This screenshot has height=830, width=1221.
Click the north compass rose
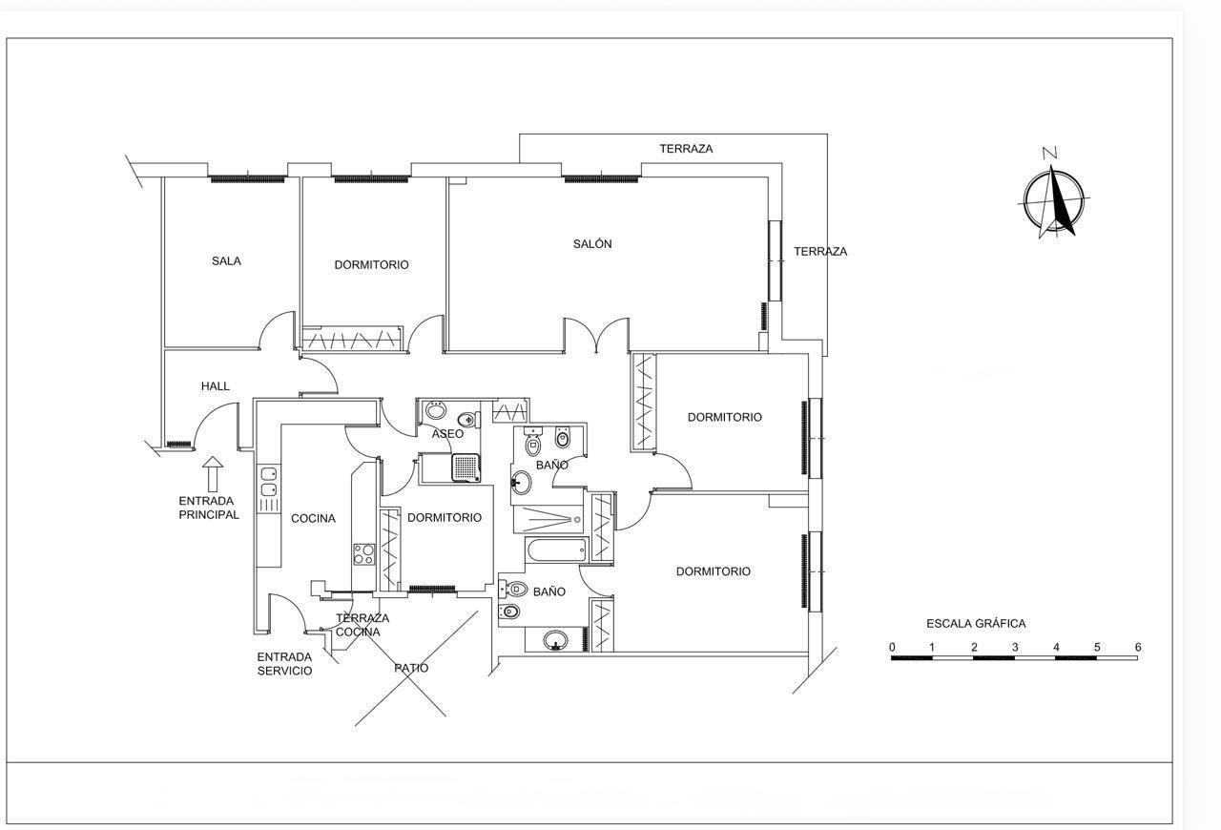click(x=1053, y=199)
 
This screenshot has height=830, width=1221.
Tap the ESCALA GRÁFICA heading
click(x=976, y=624)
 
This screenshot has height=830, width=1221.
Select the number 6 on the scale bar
click(x=1137, y=648)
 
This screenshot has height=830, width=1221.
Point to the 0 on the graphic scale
click(x=893, y=648)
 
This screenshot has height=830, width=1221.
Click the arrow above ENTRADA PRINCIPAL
click(x=213, y=473)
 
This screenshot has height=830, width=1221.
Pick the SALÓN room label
click(x=592, y=244)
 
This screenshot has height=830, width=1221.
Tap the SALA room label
click(x=226, y=260)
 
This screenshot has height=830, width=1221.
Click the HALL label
click(x=216, y=386)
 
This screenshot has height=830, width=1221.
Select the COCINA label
click(x=313, y=519)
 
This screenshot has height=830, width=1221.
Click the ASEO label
click(x=447, y=434)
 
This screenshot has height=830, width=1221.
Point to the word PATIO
click(x=411, y=668)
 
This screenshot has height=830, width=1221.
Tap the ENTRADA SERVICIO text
click(x=284, y=664)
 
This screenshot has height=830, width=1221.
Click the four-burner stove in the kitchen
click(x=363, y=553)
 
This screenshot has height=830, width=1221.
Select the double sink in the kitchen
click(x=269, y=482)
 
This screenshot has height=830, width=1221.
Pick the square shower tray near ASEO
click(x=465, y=467)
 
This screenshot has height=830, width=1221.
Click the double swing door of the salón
click(x=596, y=336)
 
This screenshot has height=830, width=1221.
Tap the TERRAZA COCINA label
click(x=362, y=625)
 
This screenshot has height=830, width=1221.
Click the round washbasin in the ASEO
click(x=435, y=410)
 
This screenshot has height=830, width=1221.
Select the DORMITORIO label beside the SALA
click(x=371, y=265)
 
